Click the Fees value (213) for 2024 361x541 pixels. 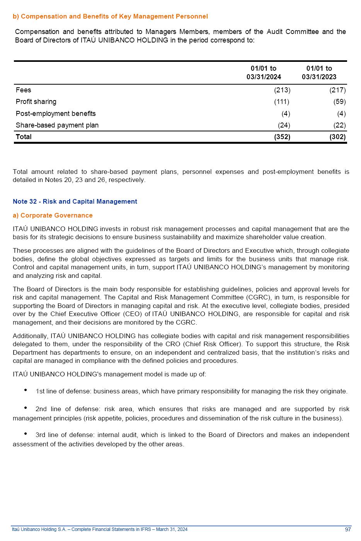(x=282, y=90)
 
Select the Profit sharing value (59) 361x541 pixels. (x=339, y=102)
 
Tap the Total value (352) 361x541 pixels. (x=282, y=137)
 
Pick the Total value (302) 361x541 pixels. (x=337, y=137)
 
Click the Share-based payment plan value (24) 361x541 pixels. (x=284, y=125)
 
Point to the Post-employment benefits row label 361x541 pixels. (x=56, y=114)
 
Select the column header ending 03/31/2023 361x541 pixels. (x=319, y=73)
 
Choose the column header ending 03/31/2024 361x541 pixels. (x=264, y=73)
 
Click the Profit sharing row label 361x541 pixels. (x=36, y=102)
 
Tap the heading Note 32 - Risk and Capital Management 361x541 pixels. (x=75, y=201)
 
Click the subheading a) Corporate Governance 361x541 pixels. (x=53, y=215)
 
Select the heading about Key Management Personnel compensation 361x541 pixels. (x=110, y=16)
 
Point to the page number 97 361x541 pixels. (x=348, y=529)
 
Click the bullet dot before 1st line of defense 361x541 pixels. (x=26, y=390)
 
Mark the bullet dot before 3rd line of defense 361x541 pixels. (x=26, y=434)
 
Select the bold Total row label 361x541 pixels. (x=24, y=137)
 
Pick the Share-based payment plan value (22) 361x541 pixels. (x=339, y=125)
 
